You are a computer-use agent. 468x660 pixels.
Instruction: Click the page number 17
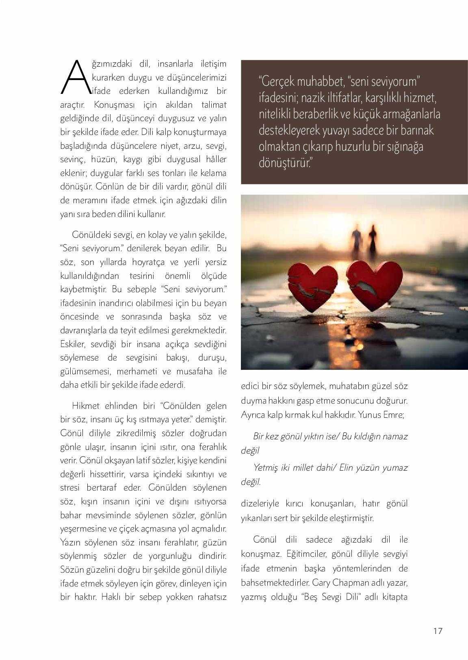coord(438,631)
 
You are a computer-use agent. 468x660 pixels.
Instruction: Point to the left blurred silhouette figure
coord(356,240)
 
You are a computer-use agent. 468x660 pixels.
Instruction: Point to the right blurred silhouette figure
coord(372,240)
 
